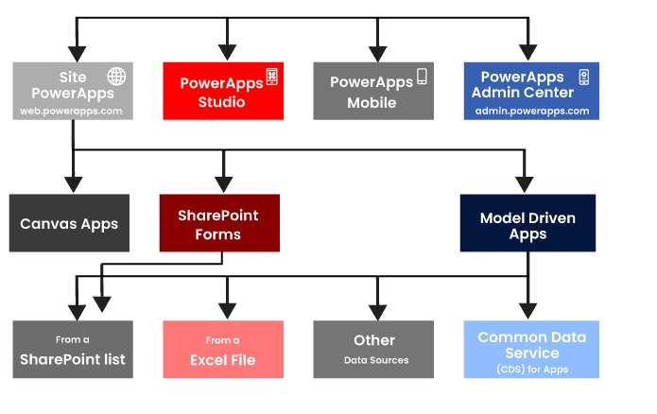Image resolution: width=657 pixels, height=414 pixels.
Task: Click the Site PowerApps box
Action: point(73,92)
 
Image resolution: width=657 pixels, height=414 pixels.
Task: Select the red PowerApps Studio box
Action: point(222,92)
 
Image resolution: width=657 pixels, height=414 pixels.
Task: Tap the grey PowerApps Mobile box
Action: point(373,92)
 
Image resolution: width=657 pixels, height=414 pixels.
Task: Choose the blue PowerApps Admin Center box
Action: point(530,92)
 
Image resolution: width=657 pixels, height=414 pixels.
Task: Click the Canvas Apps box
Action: point(69,224)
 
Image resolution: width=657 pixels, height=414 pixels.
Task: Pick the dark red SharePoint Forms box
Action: point(219,224)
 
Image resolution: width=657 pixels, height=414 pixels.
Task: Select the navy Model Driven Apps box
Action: point(527,224)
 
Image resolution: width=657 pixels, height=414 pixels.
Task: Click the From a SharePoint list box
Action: point(73,350)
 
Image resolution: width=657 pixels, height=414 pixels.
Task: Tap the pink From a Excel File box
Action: point(222,350)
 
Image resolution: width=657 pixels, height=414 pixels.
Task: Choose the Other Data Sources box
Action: point(373,350)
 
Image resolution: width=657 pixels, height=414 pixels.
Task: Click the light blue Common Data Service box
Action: point(530,350)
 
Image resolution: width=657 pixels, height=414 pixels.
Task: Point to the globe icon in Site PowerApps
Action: point(116,77)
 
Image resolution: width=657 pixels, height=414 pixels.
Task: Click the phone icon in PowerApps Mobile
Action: point(422,78)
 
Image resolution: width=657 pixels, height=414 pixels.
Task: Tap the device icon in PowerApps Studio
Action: point(271,77)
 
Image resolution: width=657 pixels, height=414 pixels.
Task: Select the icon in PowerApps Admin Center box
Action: point(583,78)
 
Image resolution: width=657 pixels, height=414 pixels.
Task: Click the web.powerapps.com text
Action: point(72,111)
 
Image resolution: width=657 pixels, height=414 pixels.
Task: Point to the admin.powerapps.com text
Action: point(531,111)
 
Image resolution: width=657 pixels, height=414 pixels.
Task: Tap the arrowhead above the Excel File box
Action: point(226,309)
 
